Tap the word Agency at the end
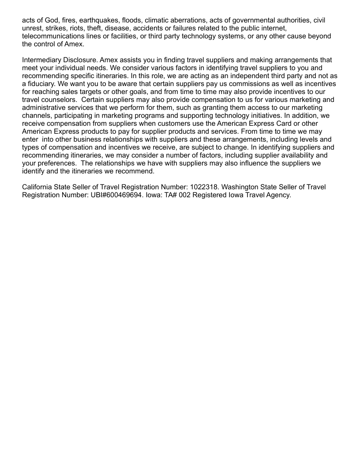(x=278, y=195)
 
